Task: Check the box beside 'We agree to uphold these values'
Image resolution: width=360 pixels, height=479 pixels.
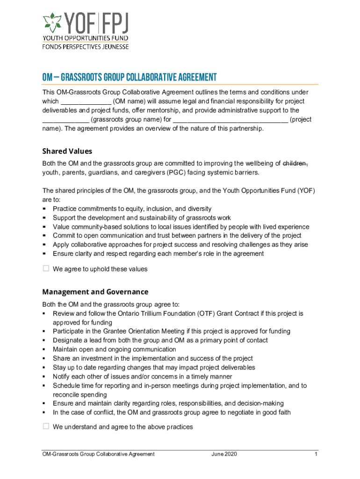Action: (46, 269)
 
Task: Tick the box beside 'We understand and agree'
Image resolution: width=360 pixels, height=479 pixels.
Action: (46, 426)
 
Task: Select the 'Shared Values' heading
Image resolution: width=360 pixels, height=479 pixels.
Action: (67, 151)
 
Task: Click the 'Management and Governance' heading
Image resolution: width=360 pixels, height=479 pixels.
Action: (95, 291)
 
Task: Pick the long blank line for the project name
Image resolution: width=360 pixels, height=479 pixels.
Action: (230, 119)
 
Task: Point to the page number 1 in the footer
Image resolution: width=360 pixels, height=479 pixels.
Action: (317, 454)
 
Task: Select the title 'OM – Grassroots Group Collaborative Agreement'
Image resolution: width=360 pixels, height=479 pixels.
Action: (130, 78)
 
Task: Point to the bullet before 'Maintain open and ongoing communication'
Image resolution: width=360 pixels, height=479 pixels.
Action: (44, 349)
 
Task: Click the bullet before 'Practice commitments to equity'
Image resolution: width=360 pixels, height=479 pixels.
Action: (44, 209)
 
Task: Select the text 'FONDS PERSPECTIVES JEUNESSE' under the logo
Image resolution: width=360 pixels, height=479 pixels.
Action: (86, 47)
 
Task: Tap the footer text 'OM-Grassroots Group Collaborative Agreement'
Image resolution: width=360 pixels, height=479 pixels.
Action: (98, 454)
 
